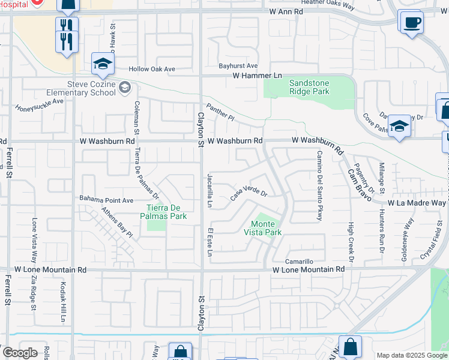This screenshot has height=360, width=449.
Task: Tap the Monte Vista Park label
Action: pyautogui.click(x=263, y=227)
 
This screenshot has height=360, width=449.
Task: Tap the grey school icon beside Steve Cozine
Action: pyautogui.click(x=125, y=88)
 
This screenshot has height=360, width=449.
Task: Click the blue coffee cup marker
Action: pyautogui.click(x=412, y=23)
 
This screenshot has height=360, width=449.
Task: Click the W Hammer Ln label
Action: pyautogui.click(x=257, y=75)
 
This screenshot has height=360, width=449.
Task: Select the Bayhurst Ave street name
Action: pyautogui.click(x=238, y=65)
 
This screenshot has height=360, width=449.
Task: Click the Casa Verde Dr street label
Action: pyautogui.click(x=249, y=194)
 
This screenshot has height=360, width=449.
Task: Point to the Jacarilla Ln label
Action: pyautogui.click(x=209, y=191)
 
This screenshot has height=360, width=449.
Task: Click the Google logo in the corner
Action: pyautogui.click(x=19, y=353)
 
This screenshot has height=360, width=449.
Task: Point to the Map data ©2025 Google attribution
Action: pyautogui.click(x=412, y=355)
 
